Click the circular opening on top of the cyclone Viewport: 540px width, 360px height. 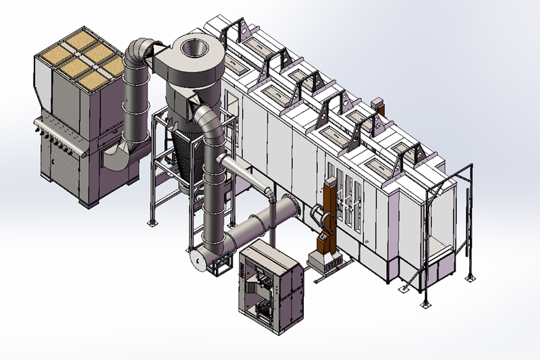[x=195, y=48]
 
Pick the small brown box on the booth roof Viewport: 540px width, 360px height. [x=377, y=105]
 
